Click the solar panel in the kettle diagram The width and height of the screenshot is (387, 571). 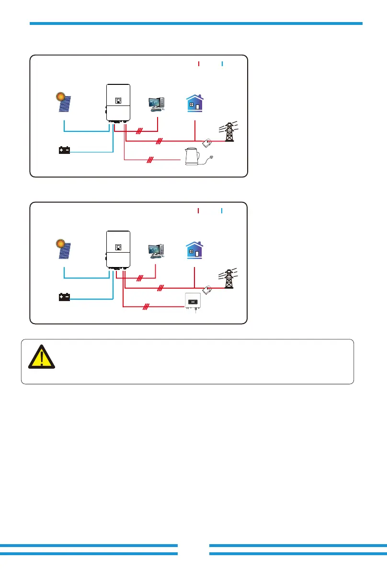66,104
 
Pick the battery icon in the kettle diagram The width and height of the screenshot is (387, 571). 64,151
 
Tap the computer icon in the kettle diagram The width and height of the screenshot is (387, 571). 157,104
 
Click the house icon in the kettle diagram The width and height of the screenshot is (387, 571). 195,103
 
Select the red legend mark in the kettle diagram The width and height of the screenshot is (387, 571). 198,63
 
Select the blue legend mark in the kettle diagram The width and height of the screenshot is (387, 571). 222,63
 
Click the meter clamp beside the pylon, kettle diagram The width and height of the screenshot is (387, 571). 208,142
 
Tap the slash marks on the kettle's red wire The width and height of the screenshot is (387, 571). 150,159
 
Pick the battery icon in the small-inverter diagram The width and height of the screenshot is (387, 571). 64,297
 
